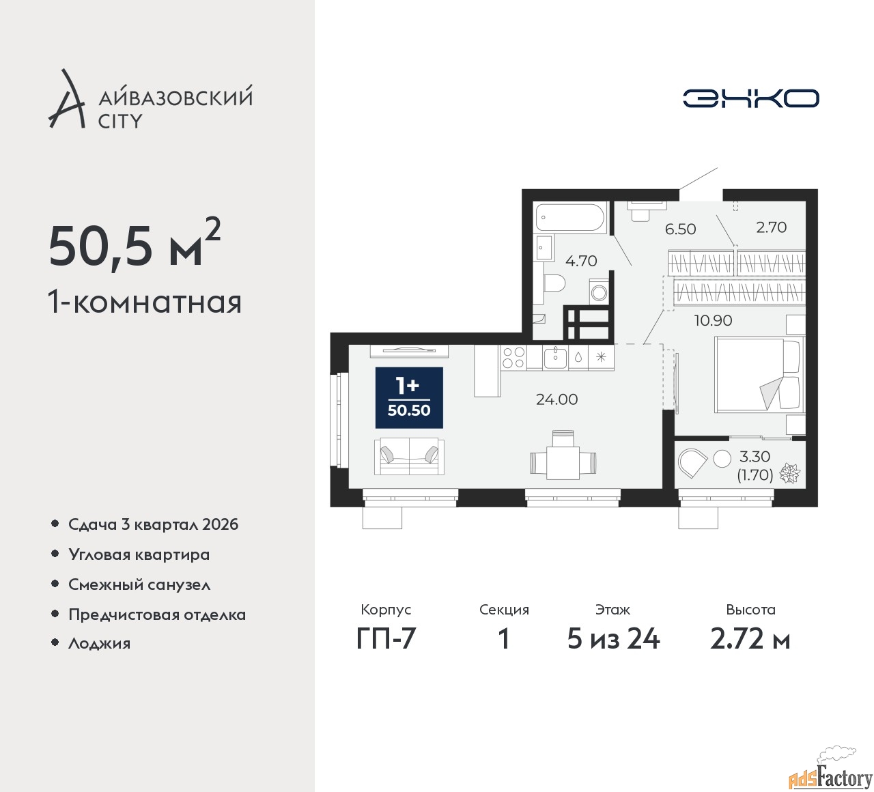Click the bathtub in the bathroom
click(x=569, y=217)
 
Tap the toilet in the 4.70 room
click(x=554, y=283)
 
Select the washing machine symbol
click(x=599, y=292)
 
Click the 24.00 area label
click(x=556, y=399)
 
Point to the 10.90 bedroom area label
click(x=713, y=320)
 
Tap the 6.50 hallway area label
click(x=680, y=229)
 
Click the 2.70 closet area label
click(x=771, y=227)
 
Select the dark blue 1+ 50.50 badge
click(x=409, y=398)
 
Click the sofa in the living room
click(x=409, y=456)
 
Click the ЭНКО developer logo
click(x=750, y=98)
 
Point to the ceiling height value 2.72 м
click(x=750, y=639)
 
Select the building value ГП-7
click(x=386, y=639)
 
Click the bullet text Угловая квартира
click(x=139, y=554)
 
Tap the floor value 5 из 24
click(x=613, y=639)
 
